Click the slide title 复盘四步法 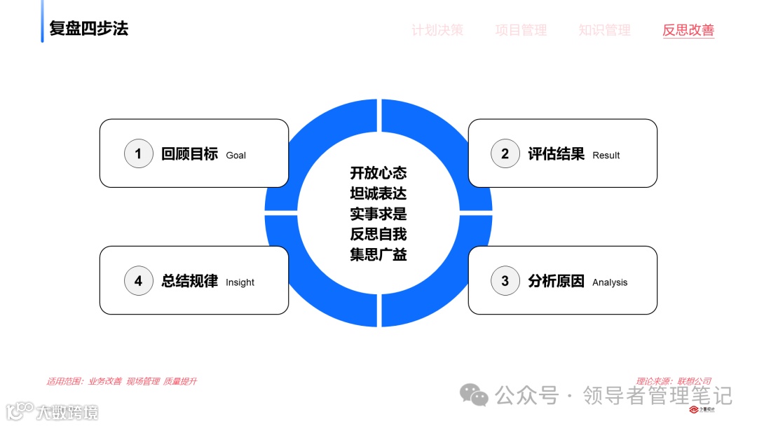(x=89, y=29)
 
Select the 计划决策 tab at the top (x=437, y=30)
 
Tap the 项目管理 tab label (x=521, y=30)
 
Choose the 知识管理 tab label (x=604, y=30)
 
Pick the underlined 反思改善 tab (x=688, y=30)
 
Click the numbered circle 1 (x=138, y=153)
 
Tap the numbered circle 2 (x=505, y=153)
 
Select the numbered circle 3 (x=505, y=281)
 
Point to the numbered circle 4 (x=138, y=281)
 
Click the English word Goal (x=236, y=156)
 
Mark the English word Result (x=606, y=156)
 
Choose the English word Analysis (x=610, y=282)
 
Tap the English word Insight (x=240, y=282)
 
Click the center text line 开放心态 (x=378, y=172)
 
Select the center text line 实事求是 (x=378, y=213)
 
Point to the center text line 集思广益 (x=378, y=254)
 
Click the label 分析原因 (x=556, y=281)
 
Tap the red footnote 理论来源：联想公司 (x=674, y=381)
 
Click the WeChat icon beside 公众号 (x=474, y=396)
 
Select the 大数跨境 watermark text (x=67, y=411)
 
